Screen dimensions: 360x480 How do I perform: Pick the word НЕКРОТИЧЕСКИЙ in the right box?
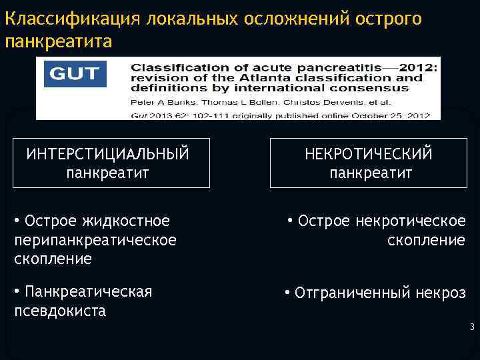click(x=369, y=155)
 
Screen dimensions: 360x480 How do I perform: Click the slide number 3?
click(x=471, y=327)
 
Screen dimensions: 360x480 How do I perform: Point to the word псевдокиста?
click(x=60, y=311)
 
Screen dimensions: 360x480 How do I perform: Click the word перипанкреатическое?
click(x=95, y=239)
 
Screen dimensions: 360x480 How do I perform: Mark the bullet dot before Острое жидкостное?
click(x=17, y=219)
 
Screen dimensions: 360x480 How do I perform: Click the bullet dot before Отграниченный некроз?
click(x=287, y=292)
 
